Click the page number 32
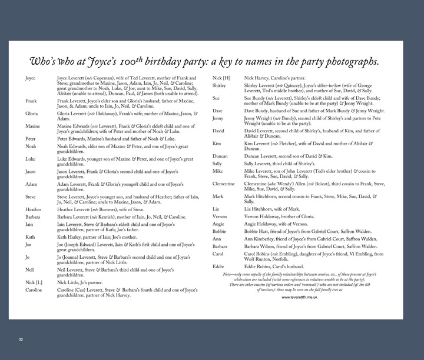click(x=21, y=339)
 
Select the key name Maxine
click(x=33, y=126)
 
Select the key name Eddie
click(x=218, y=266)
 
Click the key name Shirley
click(x=220, y=86)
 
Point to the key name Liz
click(x=217, y=209)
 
